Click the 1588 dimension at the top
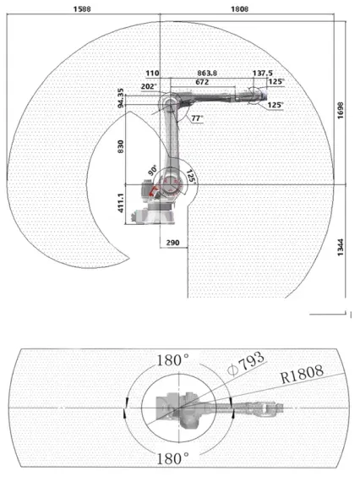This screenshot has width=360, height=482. [x=82, y=9]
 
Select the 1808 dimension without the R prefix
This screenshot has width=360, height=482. [x=240, y=9]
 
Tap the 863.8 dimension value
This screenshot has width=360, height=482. [x=207, y=74]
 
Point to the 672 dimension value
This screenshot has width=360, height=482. [x=202, y=82]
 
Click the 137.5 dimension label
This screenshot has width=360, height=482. [x=263, y=74]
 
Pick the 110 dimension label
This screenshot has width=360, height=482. [x=152, y=74]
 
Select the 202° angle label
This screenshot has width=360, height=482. [x=149, y=87]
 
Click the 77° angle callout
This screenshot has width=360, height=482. [x=197, y=118]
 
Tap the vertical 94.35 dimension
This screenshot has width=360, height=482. [x=121, y=98]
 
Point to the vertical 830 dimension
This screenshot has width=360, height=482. [x=121, y=146]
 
